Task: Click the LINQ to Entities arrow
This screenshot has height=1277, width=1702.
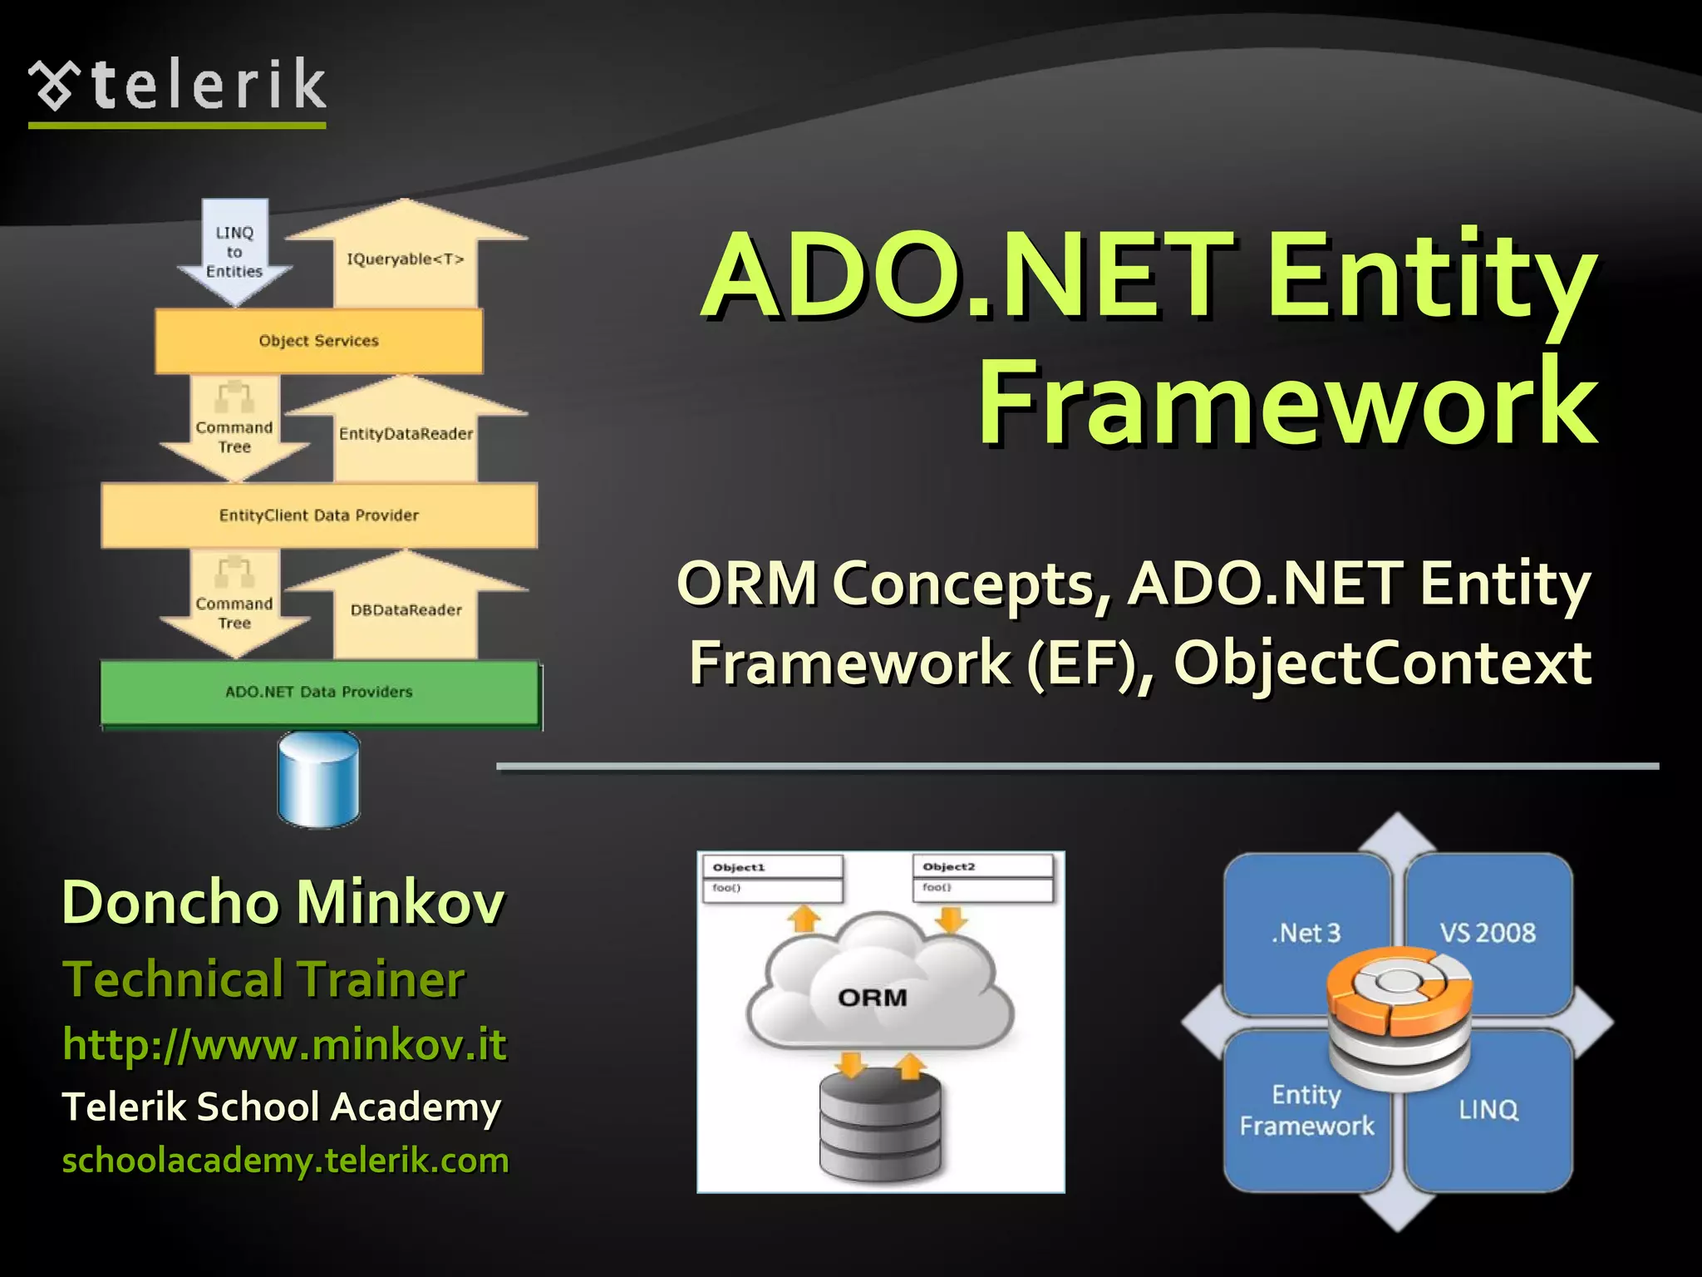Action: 234,252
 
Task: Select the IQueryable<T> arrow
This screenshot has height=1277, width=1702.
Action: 406,259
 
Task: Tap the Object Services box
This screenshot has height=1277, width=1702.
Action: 318,341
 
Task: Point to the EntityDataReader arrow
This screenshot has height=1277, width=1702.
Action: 406,433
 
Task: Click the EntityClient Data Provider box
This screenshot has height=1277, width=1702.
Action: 318,515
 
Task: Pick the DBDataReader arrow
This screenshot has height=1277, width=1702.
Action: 406,609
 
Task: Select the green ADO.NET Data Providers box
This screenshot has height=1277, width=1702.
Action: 318,692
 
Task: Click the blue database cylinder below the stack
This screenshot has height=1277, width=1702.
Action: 318,779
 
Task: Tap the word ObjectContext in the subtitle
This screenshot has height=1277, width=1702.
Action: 1381,663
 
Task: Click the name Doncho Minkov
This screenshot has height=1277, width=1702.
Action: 283,902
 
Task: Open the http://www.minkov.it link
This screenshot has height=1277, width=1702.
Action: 284,1044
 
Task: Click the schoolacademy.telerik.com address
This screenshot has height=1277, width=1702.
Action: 285,1161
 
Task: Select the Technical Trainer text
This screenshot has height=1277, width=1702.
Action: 263,979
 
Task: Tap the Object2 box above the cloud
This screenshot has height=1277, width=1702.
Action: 983,877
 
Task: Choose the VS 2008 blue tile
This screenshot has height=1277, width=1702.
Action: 1488,931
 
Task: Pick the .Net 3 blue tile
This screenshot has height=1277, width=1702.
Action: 1306,931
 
